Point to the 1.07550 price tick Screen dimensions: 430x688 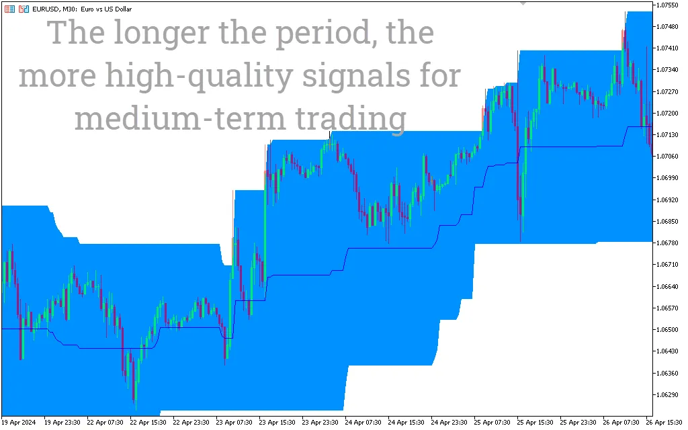669,5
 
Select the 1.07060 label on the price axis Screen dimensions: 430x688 669,157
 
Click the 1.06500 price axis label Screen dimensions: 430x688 669,330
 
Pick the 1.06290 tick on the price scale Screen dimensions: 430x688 669,395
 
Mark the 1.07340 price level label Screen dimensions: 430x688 669,70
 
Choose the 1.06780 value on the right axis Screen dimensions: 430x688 669,243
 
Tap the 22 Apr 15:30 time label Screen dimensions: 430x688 148,423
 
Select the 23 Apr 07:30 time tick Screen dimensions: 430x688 234,423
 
